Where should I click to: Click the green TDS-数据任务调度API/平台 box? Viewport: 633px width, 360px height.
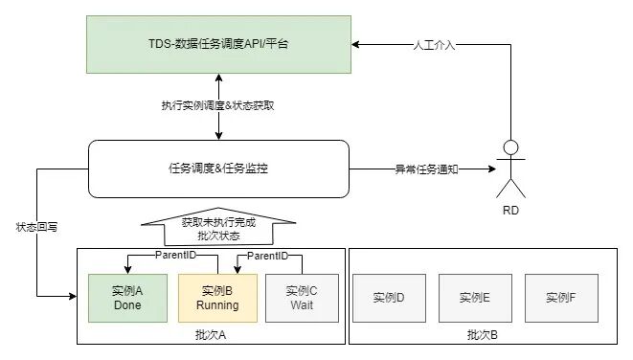pos(218,44)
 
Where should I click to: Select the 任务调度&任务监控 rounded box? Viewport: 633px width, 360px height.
pos(218,169)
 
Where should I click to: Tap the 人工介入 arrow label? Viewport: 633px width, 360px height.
pos(434,45)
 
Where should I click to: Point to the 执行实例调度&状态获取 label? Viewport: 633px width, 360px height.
pos(218,105)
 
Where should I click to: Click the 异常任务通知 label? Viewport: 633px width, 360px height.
pos(426,169)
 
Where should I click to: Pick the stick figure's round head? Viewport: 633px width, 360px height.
pos(510,147)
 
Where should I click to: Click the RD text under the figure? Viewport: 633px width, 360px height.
pos(510,211)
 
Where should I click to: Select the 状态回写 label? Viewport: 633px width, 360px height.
pos(36,227)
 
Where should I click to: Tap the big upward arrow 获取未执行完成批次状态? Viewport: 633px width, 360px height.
pos(218,227)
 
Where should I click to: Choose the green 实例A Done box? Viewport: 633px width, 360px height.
pos(127,299)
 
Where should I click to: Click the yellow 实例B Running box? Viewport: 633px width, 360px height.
pos(217,299)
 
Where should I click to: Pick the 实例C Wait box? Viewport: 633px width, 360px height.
pos(302,299)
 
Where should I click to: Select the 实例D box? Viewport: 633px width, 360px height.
pos(389,299)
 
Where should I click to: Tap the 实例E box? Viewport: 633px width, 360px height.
pos(475,299)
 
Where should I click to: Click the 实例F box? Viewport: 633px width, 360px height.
pos(561,299)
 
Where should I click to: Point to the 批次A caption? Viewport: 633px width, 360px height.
pos(211,334)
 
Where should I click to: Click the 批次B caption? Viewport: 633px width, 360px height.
pos(483,334)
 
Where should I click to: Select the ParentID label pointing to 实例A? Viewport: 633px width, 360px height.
pos(175,255)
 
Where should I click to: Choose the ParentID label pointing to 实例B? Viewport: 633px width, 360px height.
pos(267,256)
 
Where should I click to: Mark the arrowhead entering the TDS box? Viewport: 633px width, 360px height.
pos(355,44)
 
